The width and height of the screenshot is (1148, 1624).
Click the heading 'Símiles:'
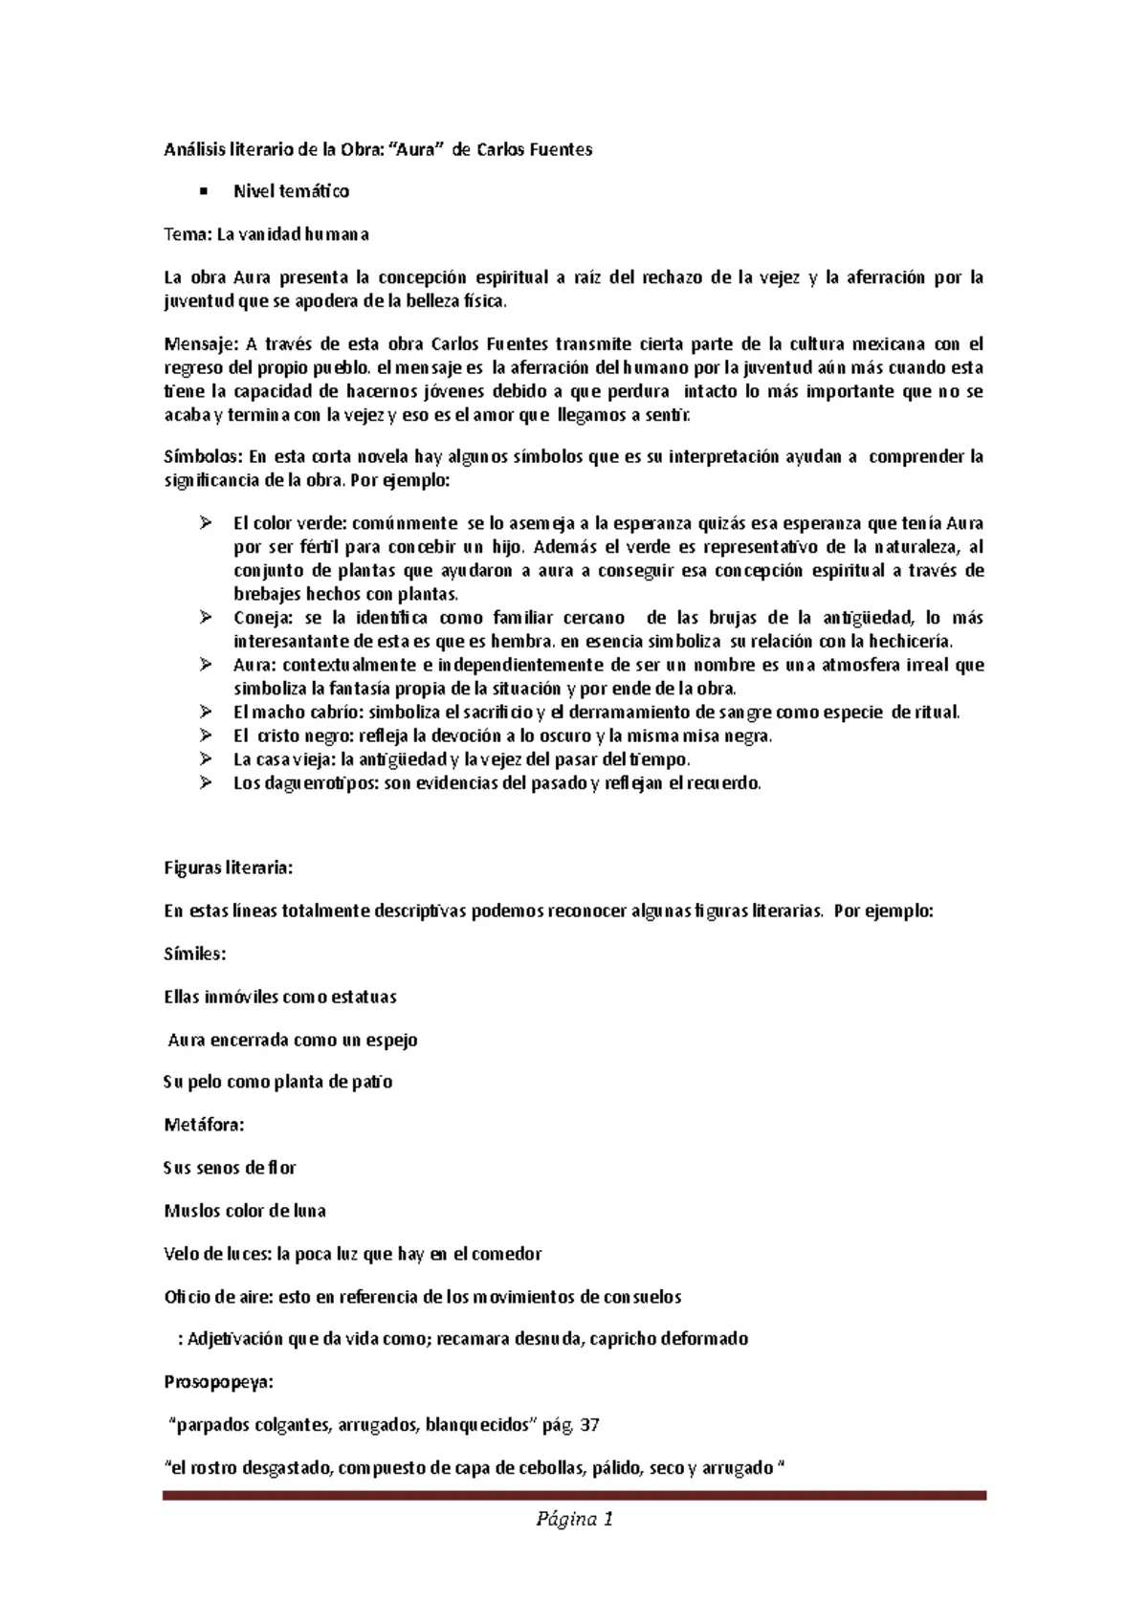click(195, 954)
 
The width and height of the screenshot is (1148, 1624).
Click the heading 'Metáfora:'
click(204, 1125)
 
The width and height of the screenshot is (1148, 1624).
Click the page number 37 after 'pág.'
click(590, 1425)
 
